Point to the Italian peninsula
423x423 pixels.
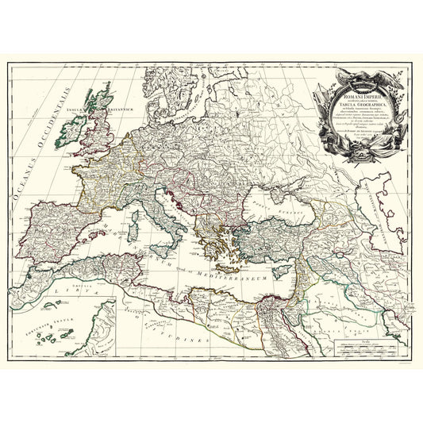pyautogui.click(x=168, y=210)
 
